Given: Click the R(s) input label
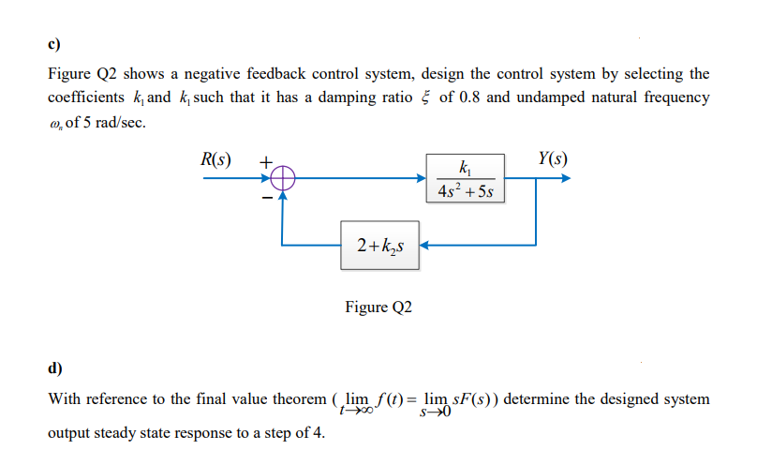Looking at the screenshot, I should (x=217, y=157).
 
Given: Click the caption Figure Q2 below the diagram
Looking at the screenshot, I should (x=378, y=307).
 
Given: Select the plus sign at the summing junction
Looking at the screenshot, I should (x=265, y=161).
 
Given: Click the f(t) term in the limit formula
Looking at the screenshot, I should (x=384, y=398).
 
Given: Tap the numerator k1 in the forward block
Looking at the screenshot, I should (x=467, y=168).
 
